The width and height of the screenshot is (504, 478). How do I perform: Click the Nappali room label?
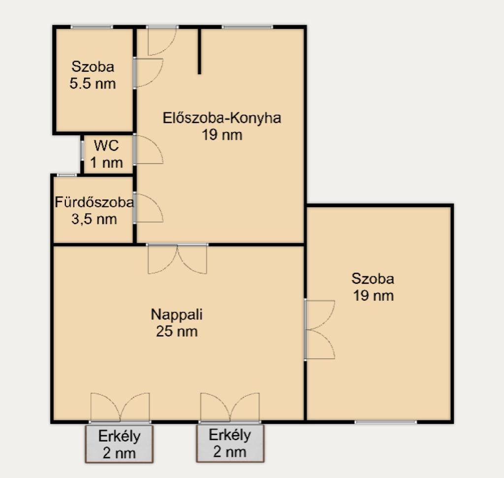pyautogui.click(x=177, y=315)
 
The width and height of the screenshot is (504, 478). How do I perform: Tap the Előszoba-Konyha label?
pyautogui.click(x=222, y=118)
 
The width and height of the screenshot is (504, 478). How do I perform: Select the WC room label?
pyautogui.click(x=106, y=146)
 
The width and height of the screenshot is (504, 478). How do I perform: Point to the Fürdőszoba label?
pyautogui.click(x=94, y=202)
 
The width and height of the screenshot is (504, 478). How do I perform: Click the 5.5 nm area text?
pyautogui.click(x=93, y=84)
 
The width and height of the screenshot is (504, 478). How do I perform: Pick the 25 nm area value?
pyautogui.click(x=177, y=331)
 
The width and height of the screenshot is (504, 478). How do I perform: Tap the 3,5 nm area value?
pyautogui.click(x=94, y=220)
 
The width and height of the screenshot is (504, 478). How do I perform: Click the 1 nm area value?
pyautogui.click(x=106, y=162)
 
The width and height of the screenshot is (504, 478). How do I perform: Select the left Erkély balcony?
pyautogui.click(x=119, y=444)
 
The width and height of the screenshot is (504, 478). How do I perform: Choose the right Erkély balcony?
pyautogui.click(x=230, y=443)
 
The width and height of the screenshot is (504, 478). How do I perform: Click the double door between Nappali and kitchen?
pyautogui.click(x=177, y=259)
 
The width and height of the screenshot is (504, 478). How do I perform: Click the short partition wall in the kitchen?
pyautogui.click(x=199, y=51)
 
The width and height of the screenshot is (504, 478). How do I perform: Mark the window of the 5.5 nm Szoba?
pyautogui.click(x=92, y=27)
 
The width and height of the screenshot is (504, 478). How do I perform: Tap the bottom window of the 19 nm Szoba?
pyautogui.click(x=386, y=422)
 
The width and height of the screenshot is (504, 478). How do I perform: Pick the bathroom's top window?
pyautogui.click(x=67, y=175)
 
